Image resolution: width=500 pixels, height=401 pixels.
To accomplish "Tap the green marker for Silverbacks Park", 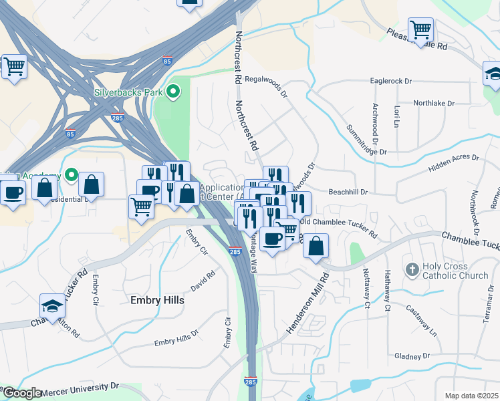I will (x=173, y=92).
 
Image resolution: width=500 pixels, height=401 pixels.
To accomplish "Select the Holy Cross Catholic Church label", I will (x=455, y=270).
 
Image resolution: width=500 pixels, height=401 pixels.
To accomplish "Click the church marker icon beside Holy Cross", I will (x=412, y=270).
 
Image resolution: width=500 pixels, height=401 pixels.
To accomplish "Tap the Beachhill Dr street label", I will (x=348, y=192).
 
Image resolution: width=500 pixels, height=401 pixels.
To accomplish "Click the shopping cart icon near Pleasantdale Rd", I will (x=420, y=30).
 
